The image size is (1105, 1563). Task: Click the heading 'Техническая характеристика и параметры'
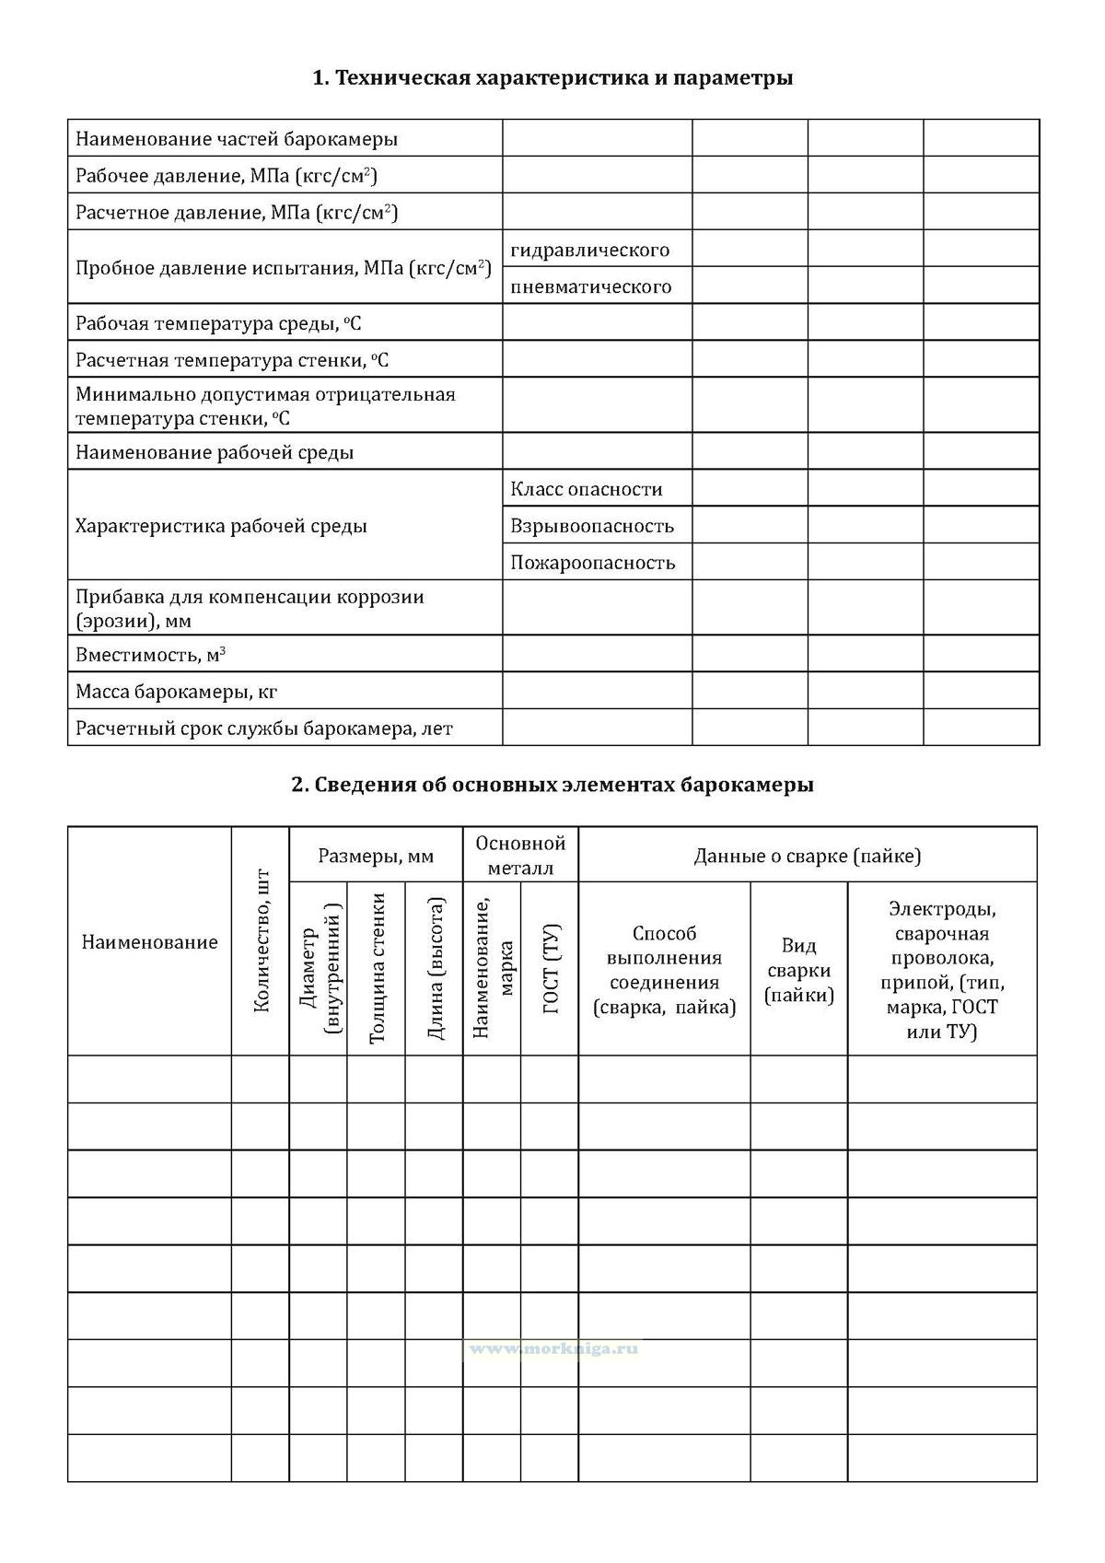click(x=552, y=78)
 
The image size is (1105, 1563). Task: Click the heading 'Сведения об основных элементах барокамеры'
click(x=552, y=785)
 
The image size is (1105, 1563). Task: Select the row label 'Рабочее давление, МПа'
click(x=227, y=176)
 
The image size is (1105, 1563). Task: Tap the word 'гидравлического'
click(x=590, y=250)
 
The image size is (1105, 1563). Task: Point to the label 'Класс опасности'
click(x=587, y=489)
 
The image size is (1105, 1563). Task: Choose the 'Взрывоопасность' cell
click(x=592, y=526)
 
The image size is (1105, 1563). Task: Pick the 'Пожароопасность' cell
click(x=593, y=563)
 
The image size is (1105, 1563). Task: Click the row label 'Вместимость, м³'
click(x=151, y=655)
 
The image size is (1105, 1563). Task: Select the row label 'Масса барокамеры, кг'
click(x=177, y=692)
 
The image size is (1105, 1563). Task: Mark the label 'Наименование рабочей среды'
click(x=215, y=452)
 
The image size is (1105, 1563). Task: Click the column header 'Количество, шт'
click(x=261, y=940)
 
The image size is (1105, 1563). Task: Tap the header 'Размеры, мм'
click(x=376, y=856)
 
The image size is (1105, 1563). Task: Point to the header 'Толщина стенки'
click(x=376, y=968)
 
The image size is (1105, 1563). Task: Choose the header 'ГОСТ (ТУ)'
click(x=551, y=968)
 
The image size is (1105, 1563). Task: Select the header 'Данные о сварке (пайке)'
click(x=808, y=856)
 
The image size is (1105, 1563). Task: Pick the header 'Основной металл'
click(x=520, y=856)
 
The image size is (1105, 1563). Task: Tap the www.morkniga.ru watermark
click(x=552, y=1348)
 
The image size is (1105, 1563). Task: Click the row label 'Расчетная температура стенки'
click(x=232, y=360)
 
